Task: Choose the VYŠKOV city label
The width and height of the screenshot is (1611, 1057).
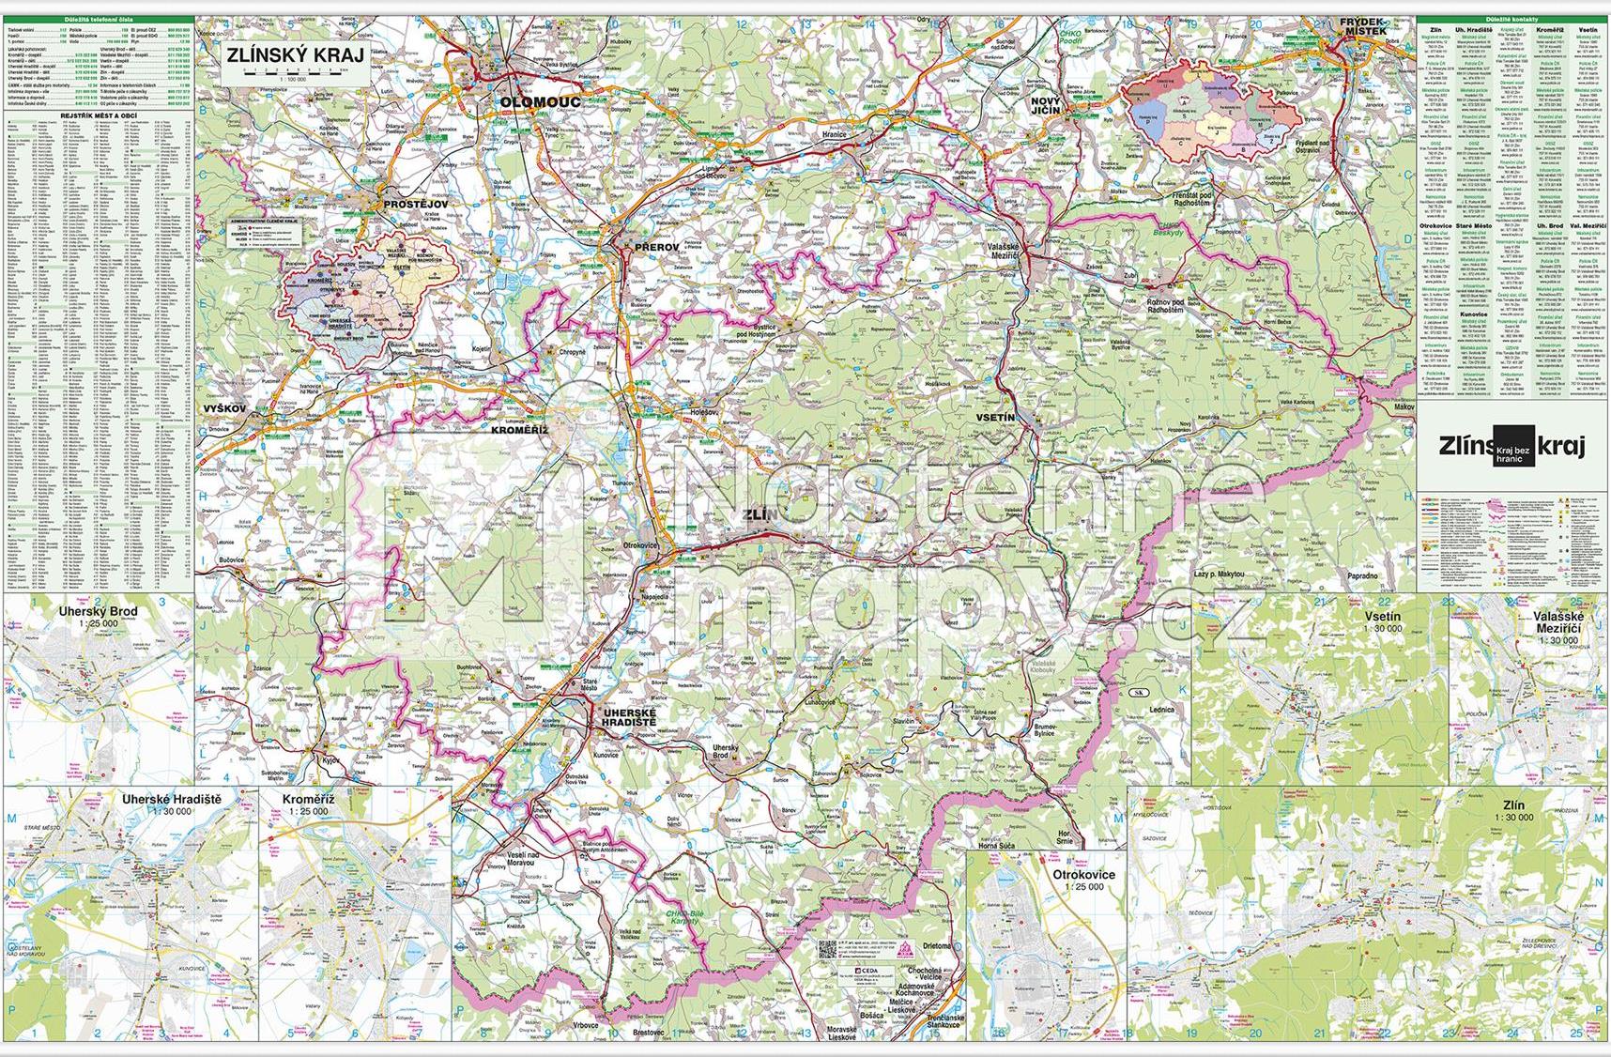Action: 222,409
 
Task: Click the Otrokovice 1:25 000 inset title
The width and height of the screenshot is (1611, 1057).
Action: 1084,875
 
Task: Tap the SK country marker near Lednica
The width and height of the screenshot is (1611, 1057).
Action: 1137,693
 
